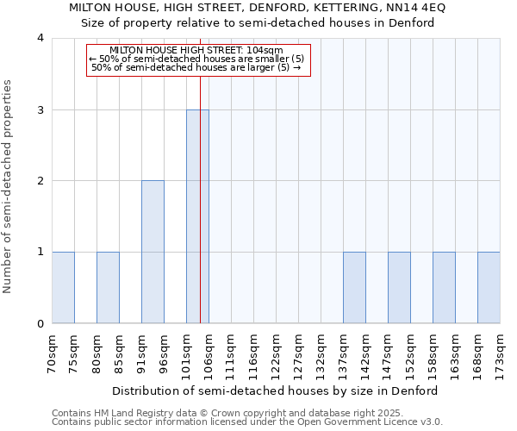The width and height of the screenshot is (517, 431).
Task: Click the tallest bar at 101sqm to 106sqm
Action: [197, 216]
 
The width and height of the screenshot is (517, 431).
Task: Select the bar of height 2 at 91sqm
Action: [153, 252]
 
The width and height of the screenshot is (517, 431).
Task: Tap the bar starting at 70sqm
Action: [63, 288]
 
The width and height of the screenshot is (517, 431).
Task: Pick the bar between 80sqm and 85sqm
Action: [108, 288]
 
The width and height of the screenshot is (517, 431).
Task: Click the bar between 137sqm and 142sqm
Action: [354, 288]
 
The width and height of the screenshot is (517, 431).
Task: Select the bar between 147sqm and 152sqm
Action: [399, 288]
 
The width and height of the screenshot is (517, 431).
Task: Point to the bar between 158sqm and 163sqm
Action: [444, 288]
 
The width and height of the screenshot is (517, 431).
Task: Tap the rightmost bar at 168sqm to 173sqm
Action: [489, 288]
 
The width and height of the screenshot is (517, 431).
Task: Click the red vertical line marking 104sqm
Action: [200, 172]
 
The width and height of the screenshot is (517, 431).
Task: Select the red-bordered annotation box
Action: [198, 59]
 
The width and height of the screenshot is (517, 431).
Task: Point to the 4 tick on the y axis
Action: [40, 38]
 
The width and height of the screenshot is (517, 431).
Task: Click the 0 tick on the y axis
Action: [40, 324]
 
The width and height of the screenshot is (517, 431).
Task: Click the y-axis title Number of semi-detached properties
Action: [9, 186]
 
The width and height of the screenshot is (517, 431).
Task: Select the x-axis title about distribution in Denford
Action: [276, 390]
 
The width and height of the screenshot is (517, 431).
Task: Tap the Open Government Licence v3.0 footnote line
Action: [247, 422]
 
